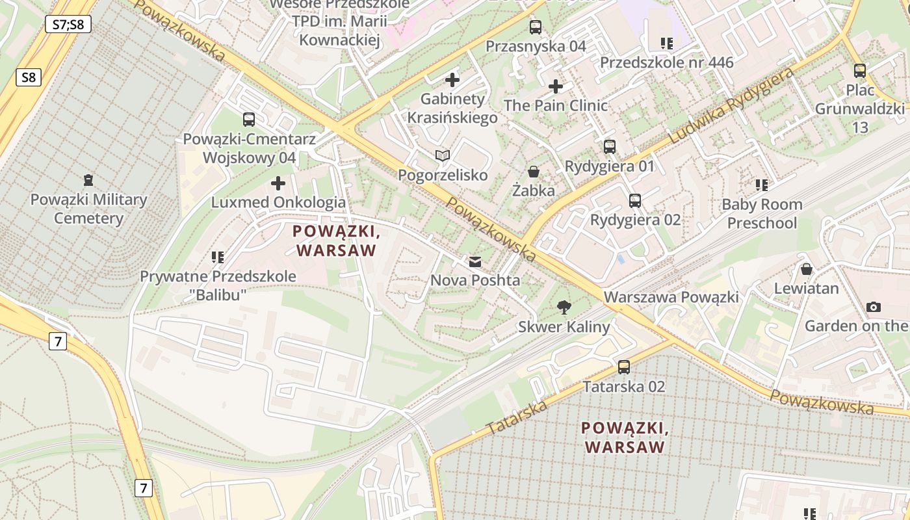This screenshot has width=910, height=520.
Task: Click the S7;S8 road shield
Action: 68,25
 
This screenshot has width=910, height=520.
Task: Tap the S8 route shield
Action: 29,77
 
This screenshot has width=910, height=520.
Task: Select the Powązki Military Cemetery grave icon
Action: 88,180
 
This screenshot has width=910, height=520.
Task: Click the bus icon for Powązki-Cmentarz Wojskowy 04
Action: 249,120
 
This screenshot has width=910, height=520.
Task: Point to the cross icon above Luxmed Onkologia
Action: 278,183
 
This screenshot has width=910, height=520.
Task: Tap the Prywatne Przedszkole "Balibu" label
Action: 218,285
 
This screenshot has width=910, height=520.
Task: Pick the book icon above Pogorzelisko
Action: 443,155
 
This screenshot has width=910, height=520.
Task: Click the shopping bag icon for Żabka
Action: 534,172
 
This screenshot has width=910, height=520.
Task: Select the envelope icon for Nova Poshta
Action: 475,261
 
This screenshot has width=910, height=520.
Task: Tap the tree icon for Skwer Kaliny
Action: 564,307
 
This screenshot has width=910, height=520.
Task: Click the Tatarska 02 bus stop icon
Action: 624,367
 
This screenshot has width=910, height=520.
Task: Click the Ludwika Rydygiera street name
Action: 731,106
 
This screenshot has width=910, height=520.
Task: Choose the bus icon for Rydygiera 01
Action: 609,147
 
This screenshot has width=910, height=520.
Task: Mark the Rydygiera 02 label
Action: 635,220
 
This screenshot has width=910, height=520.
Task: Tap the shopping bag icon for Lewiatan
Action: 807,269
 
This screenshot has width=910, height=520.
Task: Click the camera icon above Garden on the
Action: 874,307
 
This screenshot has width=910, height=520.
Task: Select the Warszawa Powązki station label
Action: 671,297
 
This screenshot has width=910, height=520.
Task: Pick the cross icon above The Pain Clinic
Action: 556,86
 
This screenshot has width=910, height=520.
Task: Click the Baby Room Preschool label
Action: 762,214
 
